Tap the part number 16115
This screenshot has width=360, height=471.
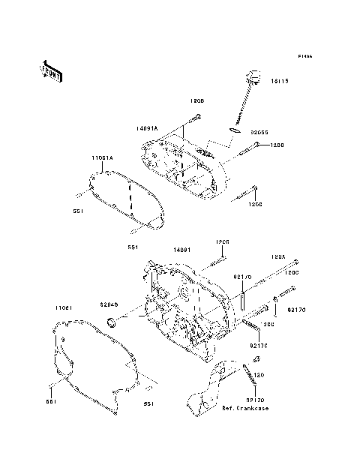pos(279,80)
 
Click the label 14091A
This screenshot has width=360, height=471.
pos(146,128)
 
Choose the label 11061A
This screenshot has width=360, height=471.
pos(103,158)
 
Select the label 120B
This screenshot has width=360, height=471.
pos(197,99)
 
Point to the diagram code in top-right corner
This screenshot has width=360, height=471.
pos(304,56)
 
